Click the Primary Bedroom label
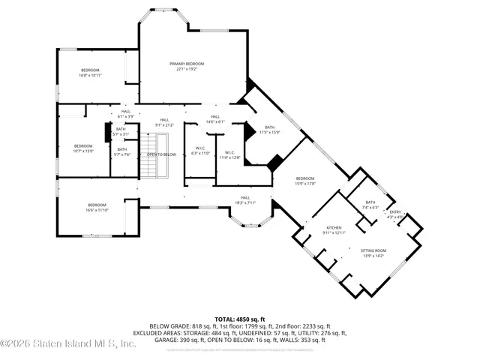(185, 67)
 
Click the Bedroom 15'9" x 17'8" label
(304, 180)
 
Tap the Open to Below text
(161, 154)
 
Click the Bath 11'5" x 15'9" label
(269, 130)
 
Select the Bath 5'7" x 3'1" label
(121, 131)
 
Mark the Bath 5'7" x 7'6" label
(121, 151)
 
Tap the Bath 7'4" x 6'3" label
(370, 205)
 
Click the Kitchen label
(334, 230)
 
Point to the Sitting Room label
(373, 253)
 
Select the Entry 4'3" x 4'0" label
(395, 214)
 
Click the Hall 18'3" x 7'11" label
(245, 200)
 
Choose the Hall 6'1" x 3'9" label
(125, 114)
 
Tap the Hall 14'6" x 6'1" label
(215, 119)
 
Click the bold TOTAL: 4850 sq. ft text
(239, 319)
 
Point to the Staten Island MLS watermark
(67, 344)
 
